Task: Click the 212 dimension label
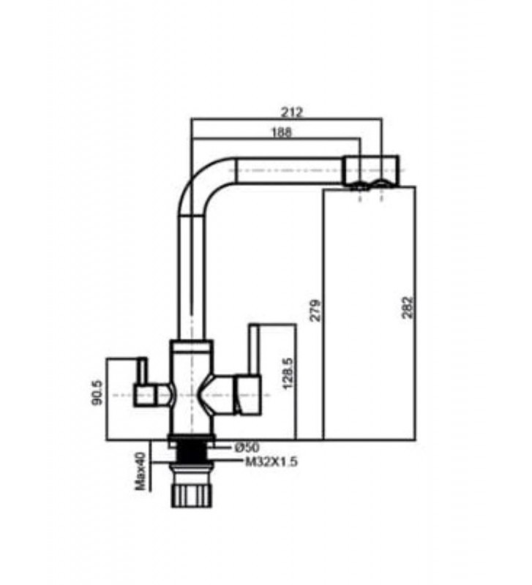click(291, 112)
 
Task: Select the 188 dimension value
click(282, 132)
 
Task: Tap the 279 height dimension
click(316, 309)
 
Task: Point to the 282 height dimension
click(408, 307)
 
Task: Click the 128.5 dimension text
click(288, 373)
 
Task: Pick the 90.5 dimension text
click(97, 393)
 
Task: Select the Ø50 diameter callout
click(247, 447)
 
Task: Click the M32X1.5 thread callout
click(271, 462)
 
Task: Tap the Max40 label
click(140, 471)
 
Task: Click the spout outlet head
click(371, 170)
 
